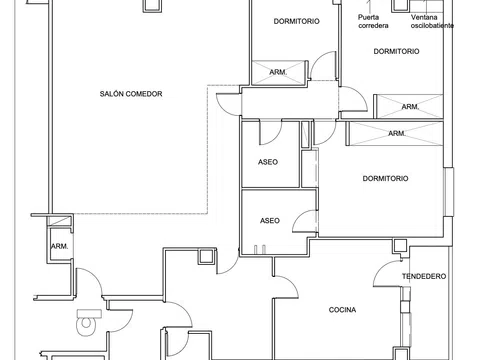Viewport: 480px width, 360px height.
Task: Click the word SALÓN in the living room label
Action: (112, 94)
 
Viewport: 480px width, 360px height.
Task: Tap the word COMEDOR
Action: (144, 94)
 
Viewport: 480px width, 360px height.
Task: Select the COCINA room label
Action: (342, 310)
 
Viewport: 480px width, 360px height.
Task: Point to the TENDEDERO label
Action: (424, 276)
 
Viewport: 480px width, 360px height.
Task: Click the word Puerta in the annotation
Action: (368, 17)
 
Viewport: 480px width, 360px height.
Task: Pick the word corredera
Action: (373, 26)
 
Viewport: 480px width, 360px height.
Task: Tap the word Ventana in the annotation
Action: (424, 17)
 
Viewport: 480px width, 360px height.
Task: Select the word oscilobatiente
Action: (432, 26)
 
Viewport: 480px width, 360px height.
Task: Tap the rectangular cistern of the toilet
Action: (89, 313)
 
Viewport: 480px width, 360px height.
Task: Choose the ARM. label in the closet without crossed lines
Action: (60, 247)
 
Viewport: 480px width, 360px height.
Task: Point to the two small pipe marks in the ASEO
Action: (260, 250)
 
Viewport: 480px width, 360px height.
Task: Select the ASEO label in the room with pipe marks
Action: (270, 221)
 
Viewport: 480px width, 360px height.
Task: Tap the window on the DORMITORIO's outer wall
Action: (449, 192)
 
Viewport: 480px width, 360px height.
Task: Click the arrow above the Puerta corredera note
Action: (369, 6)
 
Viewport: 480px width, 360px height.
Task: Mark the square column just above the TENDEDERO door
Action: (399, 246)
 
